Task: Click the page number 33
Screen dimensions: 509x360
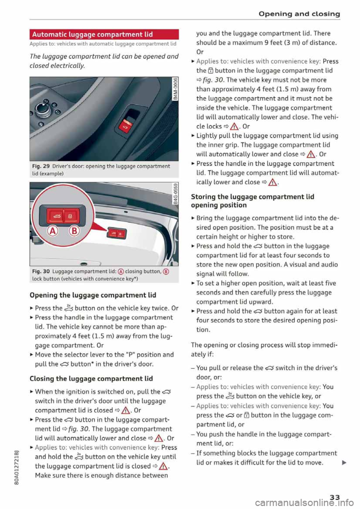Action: (334, 497)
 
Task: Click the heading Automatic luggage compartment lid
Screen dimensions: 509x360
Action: (93, 34)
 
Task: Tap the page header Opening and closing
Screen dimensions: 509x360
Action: (299, 14)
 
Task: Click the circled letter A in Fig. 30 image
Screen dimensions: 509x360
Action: (53, 231)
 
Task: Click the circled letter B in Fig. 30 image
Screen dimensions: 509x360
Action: (74, 231)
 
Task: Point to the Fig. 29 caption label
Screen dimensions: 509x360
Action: (41, 166)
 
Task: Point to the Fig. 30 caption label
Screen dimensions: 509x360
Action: (41, 271)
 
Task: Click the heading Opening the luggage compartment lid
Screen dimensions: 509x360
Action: (93, 295)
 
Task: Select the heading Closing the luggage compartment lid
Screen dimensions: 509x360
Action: (91, 379)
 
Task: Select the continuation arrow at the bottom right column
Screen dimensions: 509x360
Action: (344, 463)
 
